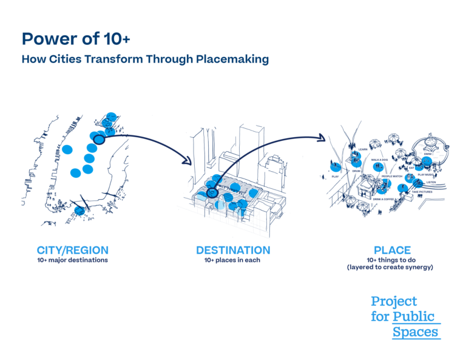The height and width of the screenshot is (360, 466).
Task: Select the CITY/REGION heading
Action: pos(73,250)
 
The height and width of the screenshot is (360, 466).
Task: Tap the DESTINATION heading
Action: pos(233,250)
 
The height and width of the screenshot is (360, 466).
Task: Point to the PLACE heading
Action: pos(392,250)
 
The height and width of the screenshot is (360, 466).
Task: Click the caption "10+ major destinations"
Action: pos(73,260)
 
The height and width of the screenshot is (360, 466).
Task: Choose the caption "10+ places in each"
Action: pos(233,260)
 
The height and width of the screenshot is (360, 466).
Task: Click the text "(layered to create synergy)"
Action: pos(392,268)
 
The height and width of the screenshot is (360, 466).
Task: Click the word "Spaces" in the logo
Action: pos(415,332)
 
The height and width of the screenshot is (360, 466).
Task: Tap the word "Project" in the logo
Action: pos(394,301)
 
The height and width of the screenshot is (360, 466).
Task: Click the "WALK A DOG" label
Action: pos(380,160)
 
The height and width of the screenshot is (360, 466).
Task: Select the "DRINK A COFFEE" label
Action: pos(383,199)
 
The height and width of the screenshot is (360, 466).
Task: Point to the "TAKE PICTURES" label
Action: pos(422,192)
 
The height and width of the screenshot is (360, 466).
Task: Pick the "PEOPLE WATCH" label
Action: pos(392,176)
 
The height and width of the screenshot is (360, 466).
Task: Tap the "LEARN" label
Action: pos(363,149)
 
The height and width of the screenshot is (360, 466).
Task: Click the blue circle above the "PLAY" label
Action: pos(334,166)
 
